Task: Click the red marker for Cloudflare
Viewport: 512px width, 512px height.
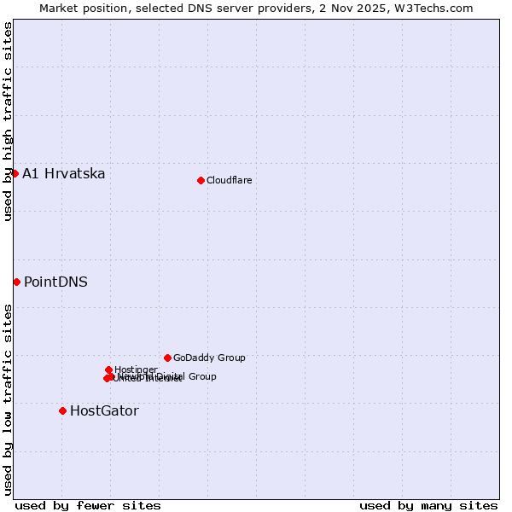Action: coord(201,180)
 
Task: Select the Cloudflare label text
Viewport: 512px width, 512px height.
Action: coord(230,180)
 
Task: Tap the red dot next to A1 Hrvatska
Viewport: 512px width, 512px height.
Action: coord(15,173)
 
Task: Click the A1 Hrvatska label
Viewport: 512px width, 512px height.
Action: coord(64,174)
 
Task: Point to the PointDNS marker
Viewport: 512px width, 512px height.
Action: coord(16,282)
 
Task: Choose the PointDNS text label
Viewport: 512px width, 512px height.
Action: coord(55,282)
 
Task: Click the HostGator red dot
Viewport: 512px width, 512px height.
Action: coord(62,410)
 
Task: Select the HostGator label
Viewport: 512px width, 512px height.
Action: coord(104,411)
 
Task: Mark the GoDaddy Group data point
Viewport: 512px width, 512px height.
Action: coord(167,358)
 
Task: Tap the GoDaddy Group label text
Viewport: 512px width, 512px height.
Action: coord(209,358)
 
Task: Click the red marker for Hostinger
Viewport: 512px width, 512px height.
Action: coord(108,369)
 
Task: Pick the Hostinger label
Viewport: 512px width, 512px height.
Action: coord(136,369)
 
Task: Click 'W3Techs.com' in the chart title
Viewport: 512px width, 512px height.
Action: coord(436,8)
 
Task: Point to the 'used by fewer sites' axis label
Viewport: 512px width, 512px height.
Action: coord(88,505)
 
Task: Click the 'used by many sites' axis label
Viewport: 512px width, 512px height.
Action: coord(428,505)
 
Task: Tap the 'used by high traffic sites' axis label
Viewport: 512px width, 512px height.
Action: coord(8,122)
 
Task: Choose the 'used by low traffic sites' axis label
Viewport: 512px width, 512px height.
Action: coord(8,399)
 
